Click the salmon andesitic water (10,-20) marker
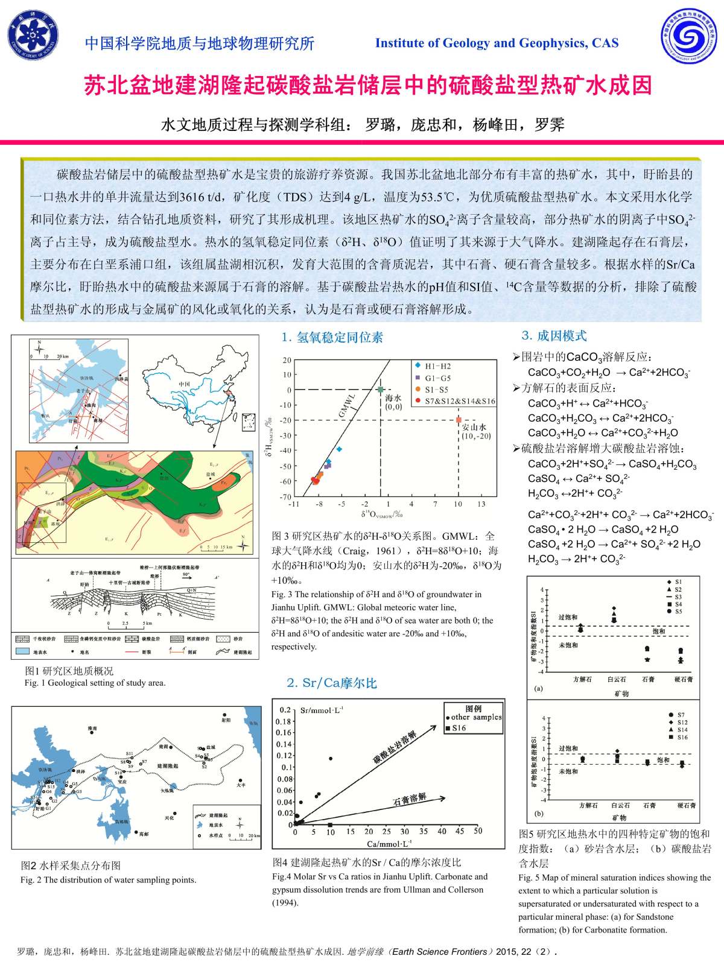[x=459, y=420]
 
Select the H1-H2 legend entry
[x=437, y=366]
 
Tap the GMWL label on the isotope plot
[x=346, y=405]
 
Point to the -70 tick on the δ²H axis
[x=285, y=497]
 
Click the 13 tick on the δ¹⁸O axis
[x=481, y=504]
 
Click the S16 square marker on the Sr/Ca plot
[x=330, y=824]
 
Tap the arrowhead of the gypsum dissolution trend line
[x=443, y=799]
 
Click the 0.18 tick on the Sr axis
[x=283, y=721]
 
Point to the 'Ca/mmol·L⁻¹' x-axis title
[x=389, y=844]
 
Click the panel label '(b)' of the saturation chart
[x=539, y=813]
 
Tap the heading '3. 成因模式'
[x=554, y=336]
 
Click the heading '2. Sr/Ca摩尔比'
[x=332, y=683]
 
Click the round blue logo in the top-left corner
[x=33, y=36]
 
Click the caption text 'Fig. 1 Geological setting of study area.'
[x=95, y=683]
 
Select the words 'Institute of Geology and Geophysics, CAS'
[x=497, y=43]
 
